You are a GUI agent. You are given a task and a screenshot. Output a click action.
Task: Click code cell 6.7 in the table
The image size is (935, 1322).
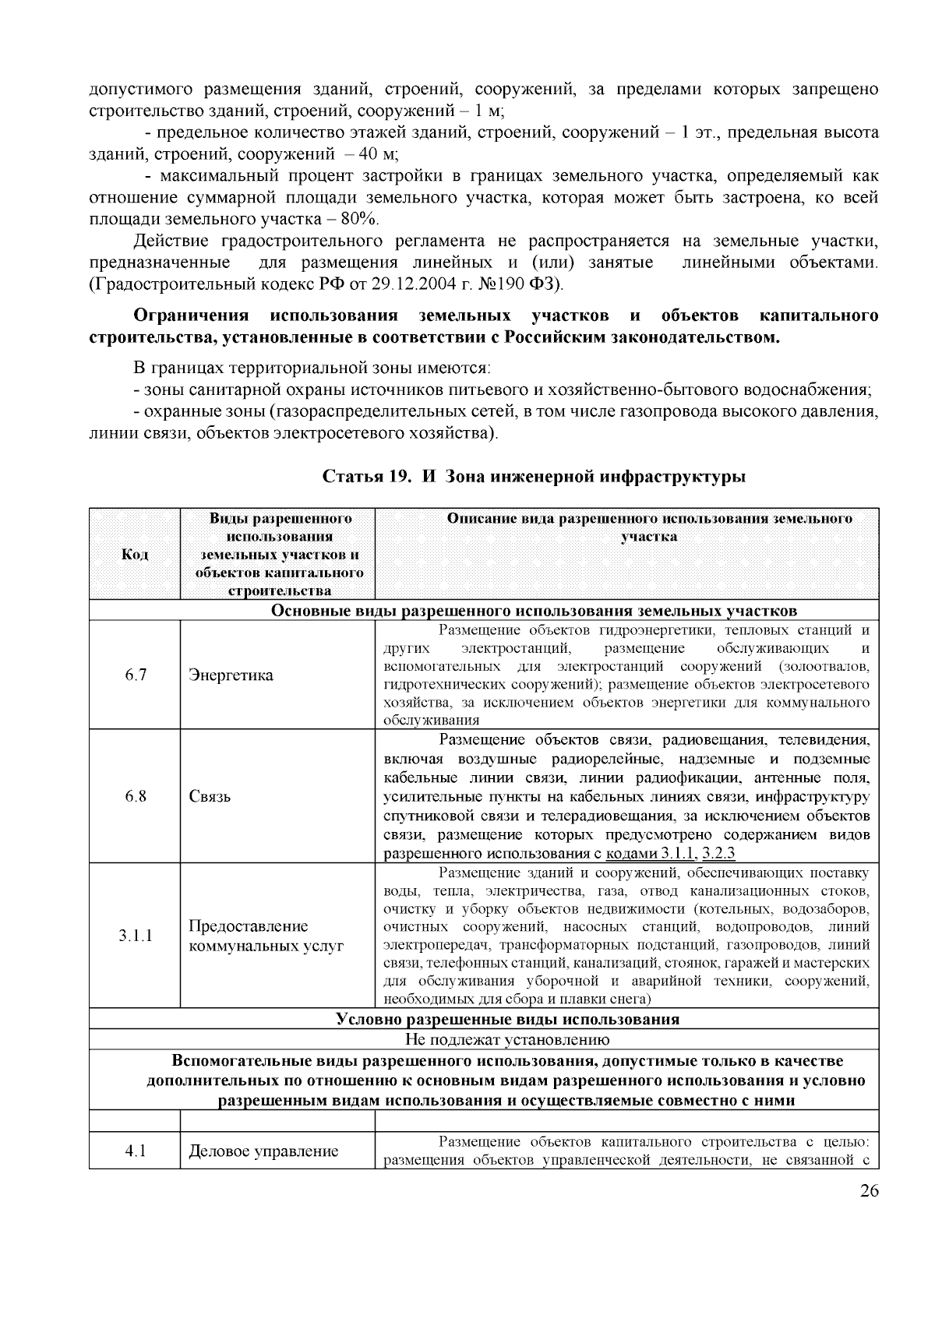pos(136,675)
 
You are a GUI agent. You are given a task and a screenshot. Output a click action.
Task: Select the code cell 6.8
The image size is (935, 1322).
pos(136,796)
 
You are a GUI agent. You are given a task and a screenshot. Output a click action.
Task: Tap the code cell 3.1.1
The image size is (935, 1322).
pos(136,936)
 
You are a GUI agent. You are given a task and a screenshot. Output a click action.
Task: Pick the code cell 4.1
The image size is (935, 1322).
pos(136,1151)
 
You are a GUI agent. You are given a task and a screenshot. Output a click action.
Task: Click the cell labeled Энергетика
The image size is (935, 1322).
pos(231,675)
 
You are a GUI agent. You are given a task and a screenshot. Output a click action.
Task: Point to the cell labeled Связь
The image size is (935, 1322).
pos(210,796)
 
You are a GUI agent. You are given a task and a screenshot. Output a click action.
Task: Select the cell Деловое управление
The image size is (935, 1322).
pos(263,1151)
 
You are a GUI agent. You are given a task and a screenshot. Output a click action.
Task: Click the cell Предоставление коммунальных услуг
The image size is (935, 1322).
pos(265,936)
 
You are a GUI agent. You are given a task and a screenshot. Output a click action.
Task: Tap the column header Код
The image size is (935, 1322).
pos(136,555)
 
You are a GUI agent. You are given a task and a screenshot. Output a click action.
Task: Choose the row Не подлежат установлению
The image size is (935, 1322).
pos(507,1039)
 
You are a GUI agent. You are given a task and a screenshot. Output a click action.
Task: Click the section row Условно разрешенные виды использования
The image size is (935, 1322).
pos(507,1019)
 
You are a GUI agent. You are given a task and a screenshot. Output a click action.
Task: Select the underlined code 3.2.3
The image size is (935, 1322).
pos(718,852)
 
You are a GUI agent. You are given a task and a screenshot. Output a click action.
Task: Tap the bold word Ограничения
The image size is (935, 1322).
pos(191,316)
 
